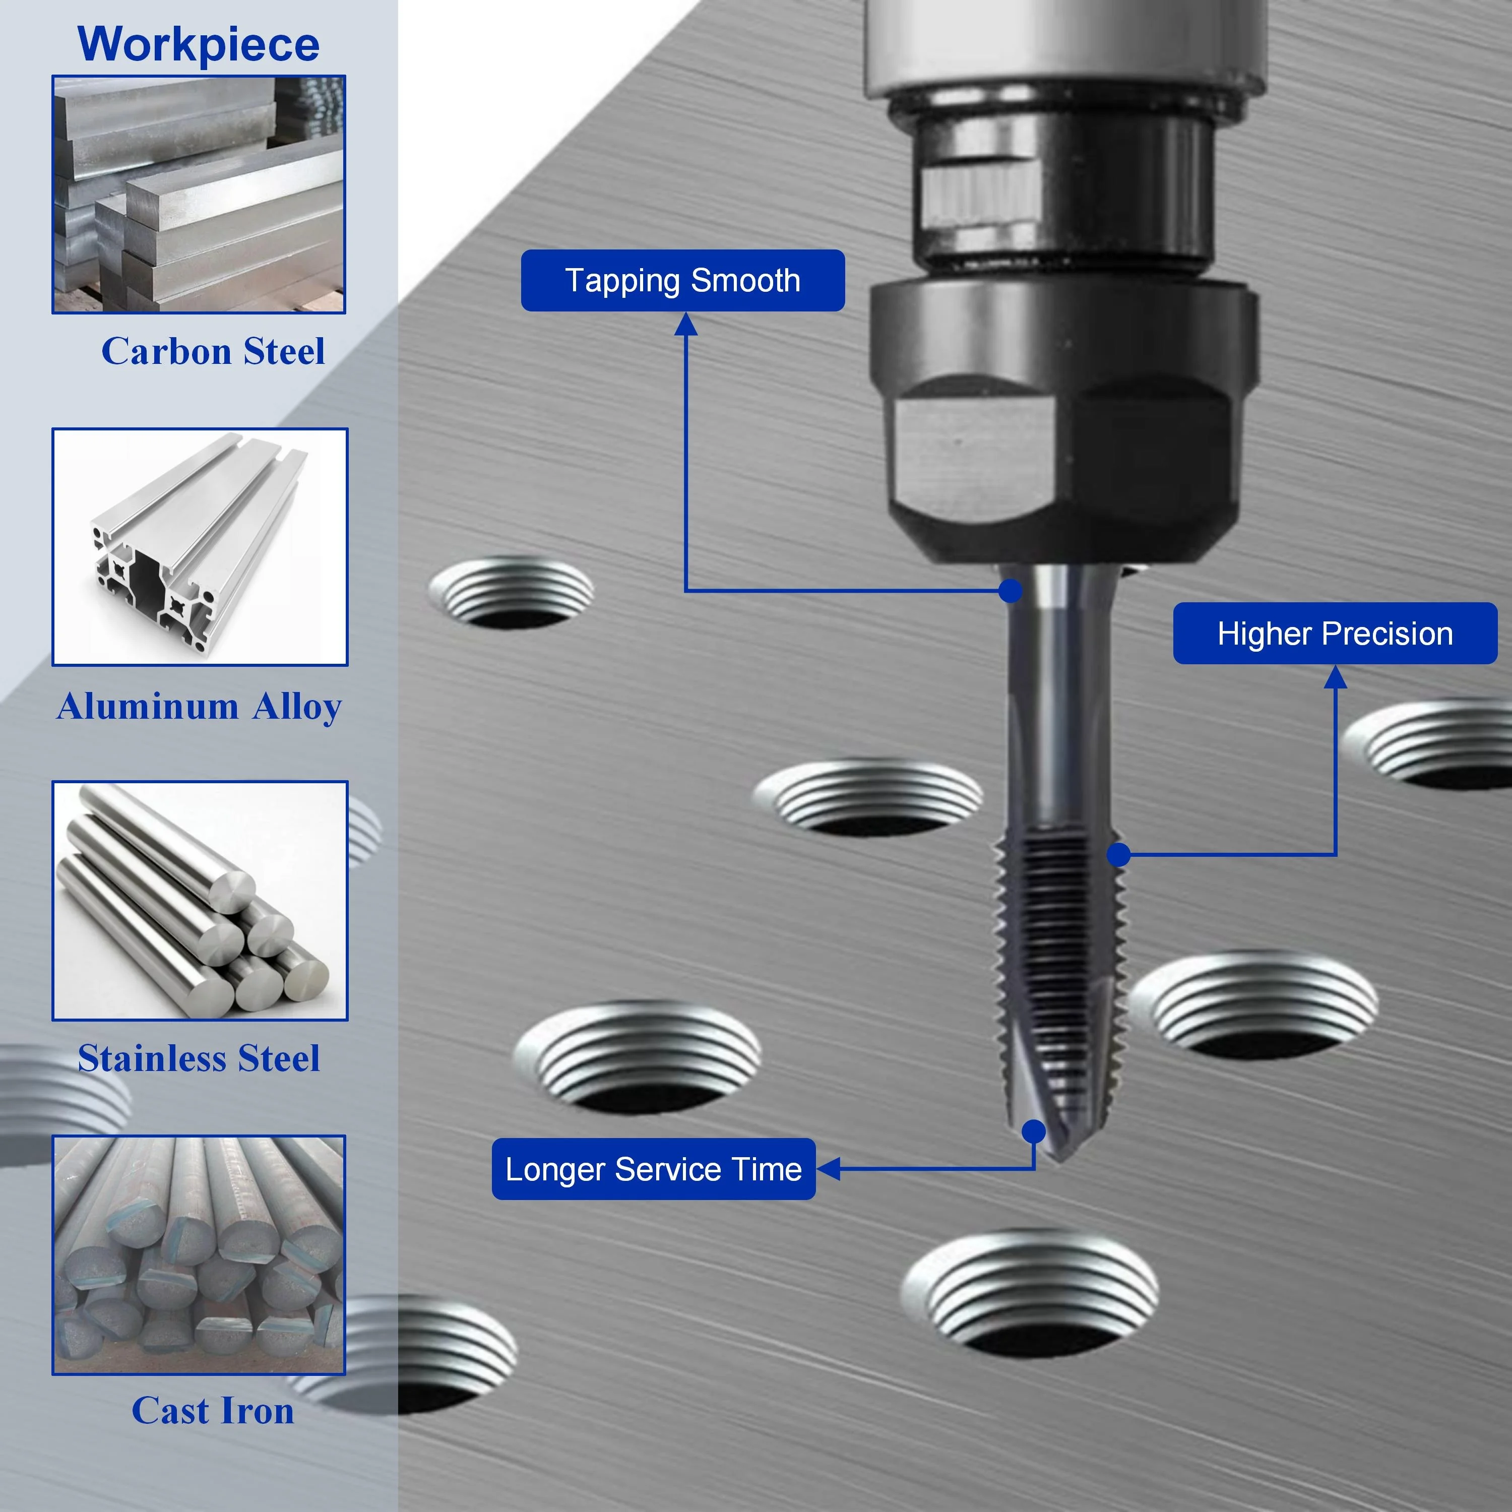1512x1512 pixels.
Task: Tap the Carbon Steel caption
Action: [x=213, y=351]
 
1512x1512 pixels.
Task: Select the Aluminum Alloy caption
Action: [x=200, y=706]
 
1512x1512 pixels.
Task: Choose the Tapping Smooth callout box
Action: [x=682, y=280]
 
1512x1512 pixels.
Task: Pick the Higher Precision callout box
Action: [x=1335, y=633]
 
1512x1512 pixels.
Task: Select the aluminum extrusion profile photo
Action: [x=200, y=546]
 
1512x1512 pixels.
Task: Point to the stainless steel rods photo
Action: [x=200, y=900]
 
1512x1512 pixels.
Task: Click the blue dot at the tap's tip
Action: [x=1034, y=1131]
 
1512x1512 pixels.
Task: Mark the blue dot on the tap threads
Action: [x=1119, y=855]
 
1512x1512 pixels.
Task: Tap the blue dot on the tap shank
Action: [x=1011, y=590]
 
